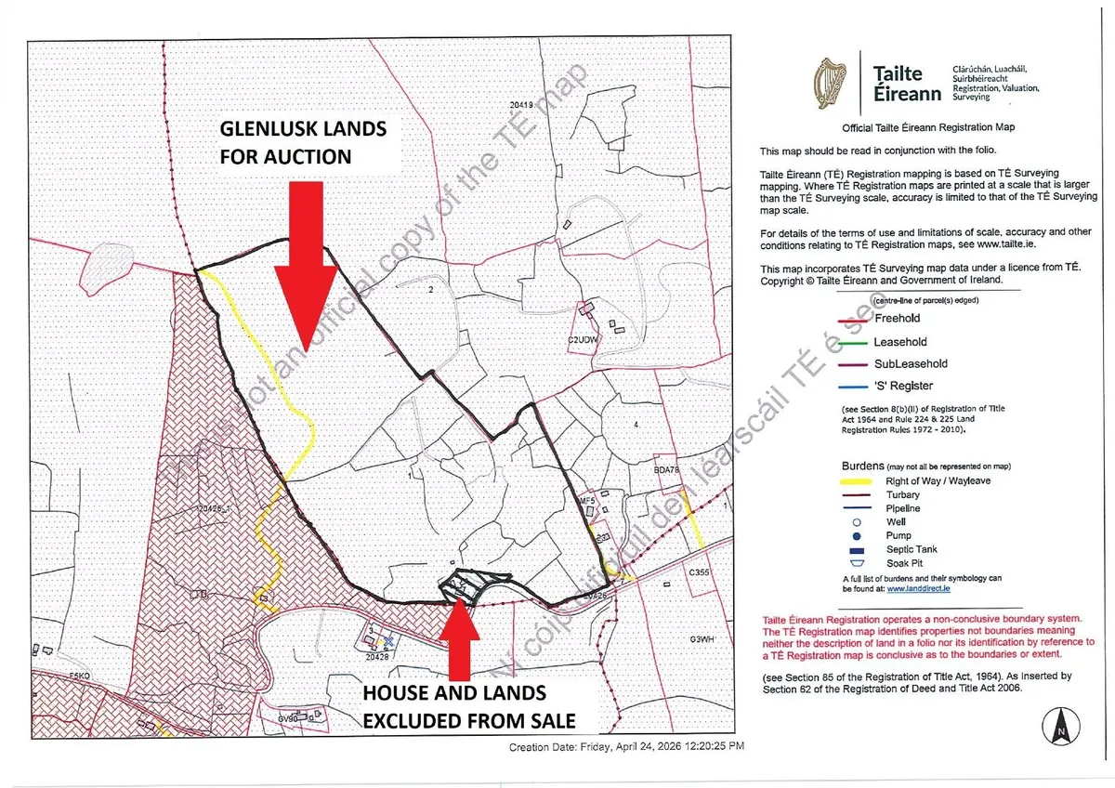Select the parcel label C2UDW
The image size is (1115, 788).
pyautogui.click(x=580, y=340)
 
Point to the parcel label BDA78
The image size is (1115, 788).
pyautogui.click(x=667, y=470)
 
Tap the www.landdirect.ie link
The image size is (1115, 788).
pyautogui.click(x=924, y=588)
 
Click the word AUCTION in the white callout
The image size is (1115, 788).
pyautogui.click(x=307, y=156)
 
